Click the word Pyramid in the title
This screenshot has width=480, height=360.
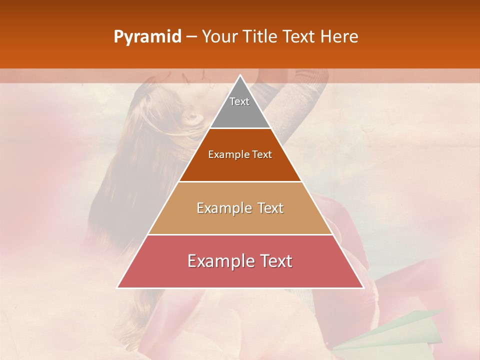coord(147,37)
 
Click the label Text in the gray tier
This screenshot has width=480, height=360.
coord(239,101)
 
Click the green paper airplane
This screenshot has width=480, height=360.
coord(395,332)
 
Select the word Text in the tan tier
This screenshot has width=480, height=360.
coord(270,208)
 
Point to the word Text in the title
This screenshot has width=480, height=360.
coord(300,37)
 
